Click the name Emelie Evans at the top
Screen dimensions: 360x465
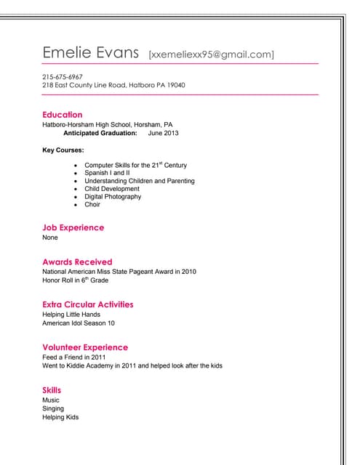tap(90, 52)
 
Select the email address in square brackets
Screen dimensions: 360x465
tap(211, 54)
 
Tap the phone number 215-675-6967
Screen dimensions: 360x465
tap(63, 76)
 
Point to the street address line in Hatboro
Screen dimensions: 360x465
tap(113, 85)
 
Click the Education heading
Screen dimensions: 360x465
tap(63, 115)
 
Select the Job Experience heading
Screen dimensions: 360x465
tap(73, 227)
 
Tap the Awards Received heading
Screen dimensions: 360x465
tap(77, 262)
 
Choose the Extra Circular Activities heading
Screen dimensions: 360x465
tap(88, 304)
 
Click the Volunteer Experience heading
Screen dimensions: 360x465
tap(85, 347)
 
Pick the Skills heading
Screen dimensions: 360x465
tap(52, 390)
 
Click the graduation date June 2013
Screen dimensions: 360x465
tap(163, 133)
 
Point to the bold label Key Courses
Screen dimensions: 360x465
tap(63, 150)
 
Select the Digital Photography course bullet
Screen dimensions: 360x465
tap(113, 196)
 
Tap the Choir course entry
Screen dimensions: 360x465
tap(92, 204)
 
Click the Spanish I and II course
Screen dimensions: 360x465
tap(107, 173)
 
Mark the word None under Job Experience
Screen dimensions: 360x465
tap(50, 238)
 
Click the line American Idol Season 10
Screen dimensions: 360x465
tap(79, 323)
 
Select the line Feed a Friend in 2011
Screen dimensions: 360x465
tap(74, 357)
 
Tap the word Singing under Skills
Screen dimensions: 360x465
tap(54, 408)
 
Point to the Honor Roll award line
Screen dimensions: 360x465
tap(75, 280)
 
